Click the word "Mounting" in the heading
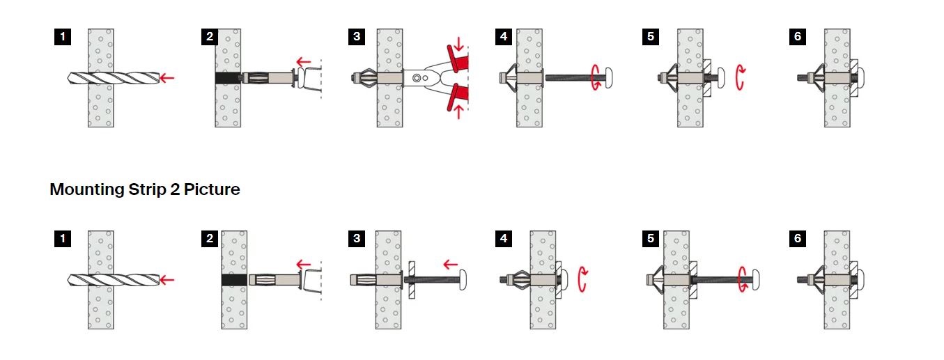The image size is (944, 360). point(87,189)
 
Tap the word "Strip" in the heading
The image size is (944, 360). point(148,189)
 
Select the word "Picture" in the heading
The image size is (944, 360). point(212,189)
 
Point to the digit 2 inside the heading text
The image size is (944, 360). point(175,189)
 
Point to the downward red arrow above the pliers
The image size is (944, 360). point(458,43)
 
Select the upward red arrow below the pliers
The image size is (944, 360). point(458,111)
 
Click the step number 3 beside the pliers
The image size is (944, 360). point(357,37)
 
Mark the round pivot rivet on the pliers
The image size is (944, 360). point(417,78)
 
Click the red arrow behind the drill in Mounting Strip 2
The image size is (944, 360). point(167,280)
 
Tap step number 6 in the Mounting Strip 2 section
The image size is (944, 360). point(797,238)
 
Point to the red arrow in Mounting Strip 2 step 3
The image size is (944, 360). point(451,265)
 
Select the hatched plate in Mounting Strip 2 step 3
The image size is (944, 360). point(412,280)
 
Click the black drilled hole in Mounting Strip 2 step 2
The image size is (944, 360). point(234,280)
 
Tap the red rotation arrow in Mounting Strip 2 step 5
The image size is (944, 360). point(742,279)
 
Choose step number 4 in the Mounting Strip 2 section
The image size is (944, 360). point(504,238)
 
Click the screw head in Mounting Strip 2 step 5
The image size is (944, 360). point(755,280)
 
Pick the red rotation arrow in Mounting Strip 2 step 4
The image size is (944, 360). point(582,279)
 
